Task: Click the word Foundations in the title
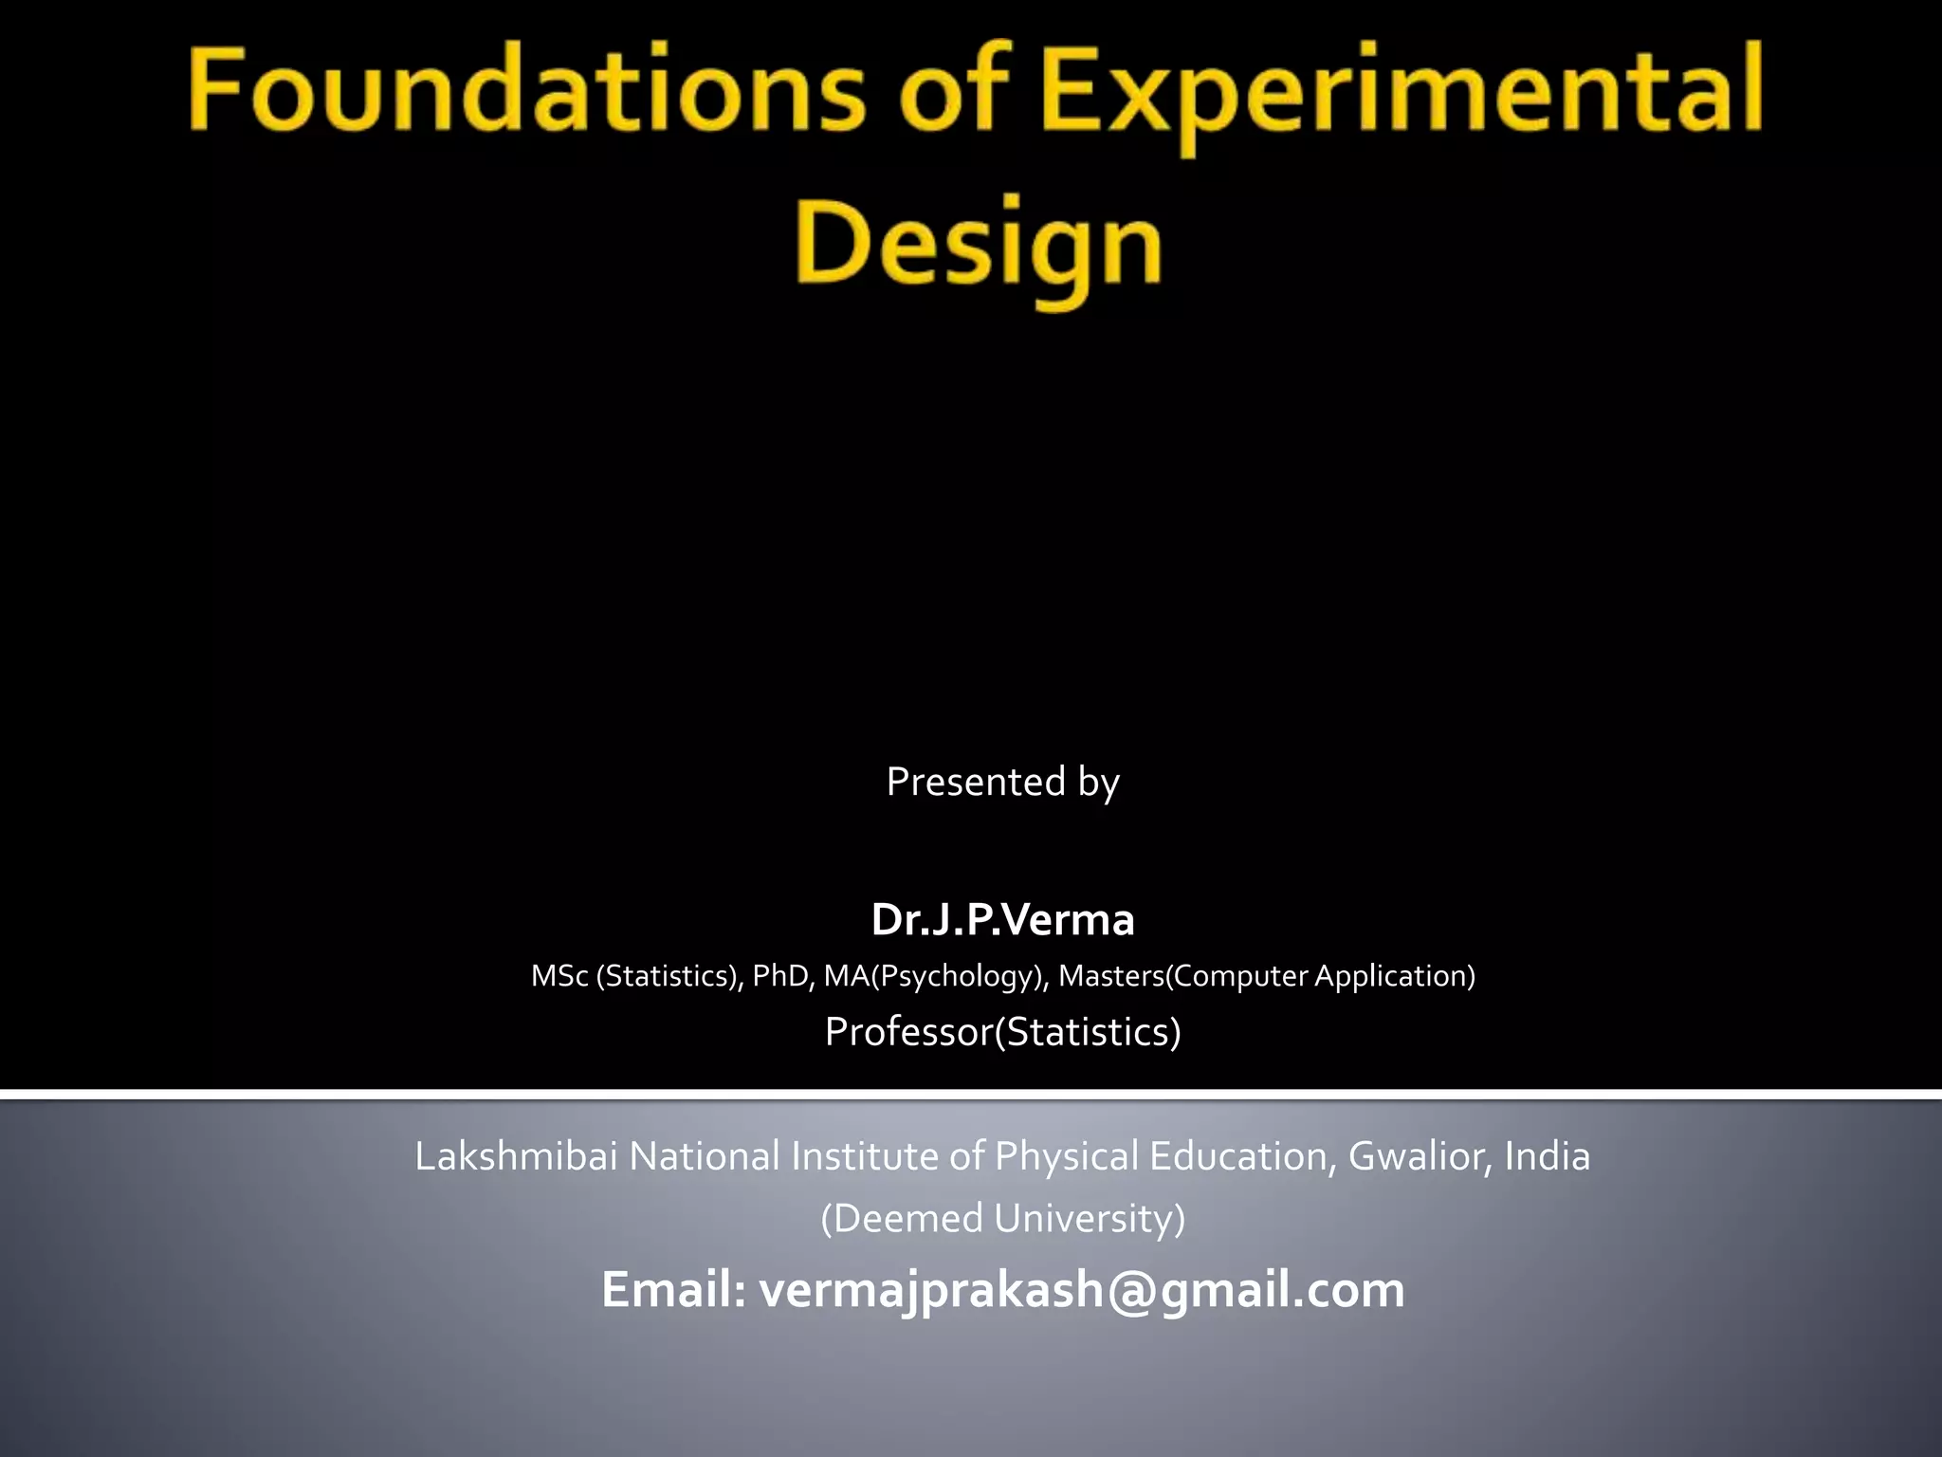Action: click(x=526, y=92)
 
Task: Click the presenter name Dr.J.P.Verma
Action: click(x=1002, y=919)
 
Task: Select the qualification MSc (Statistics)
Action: click(x=636, y=976)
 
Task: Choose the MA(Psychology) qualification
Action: click(x=935, y=976)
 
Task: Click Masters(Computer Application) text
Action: click(x=1267, y=976)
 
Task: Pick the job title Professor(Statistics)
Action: click(x=1002, y=1031)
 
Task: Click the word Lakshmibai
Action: click(x=516, y=1156)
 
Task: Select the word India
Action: click(x=1548, y=1156)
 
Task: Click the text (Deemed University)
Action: click(x=1002, y=1218)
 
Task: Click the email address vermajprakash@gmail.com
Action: click(x=1082, y=1290)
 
